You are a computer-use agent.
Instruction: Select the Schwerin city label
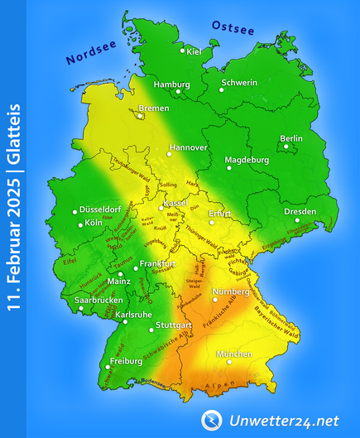tap(239, 82)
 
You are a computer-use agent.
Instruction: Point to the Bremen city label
tap(154, 108)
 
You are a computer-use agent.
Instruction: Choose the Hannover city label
tap(188, 147)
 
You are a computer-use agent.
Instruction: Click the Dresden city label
tap(300, 211)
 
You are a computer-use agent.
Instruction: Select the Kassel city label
tap(175, 203)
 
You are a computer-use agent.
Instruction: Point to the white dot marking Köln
tap(81, 224)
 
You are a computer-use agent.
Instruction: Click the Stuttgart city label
tap(173, 325)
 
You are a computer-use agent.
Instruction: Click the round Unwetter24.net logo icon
tap(212, 421)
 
